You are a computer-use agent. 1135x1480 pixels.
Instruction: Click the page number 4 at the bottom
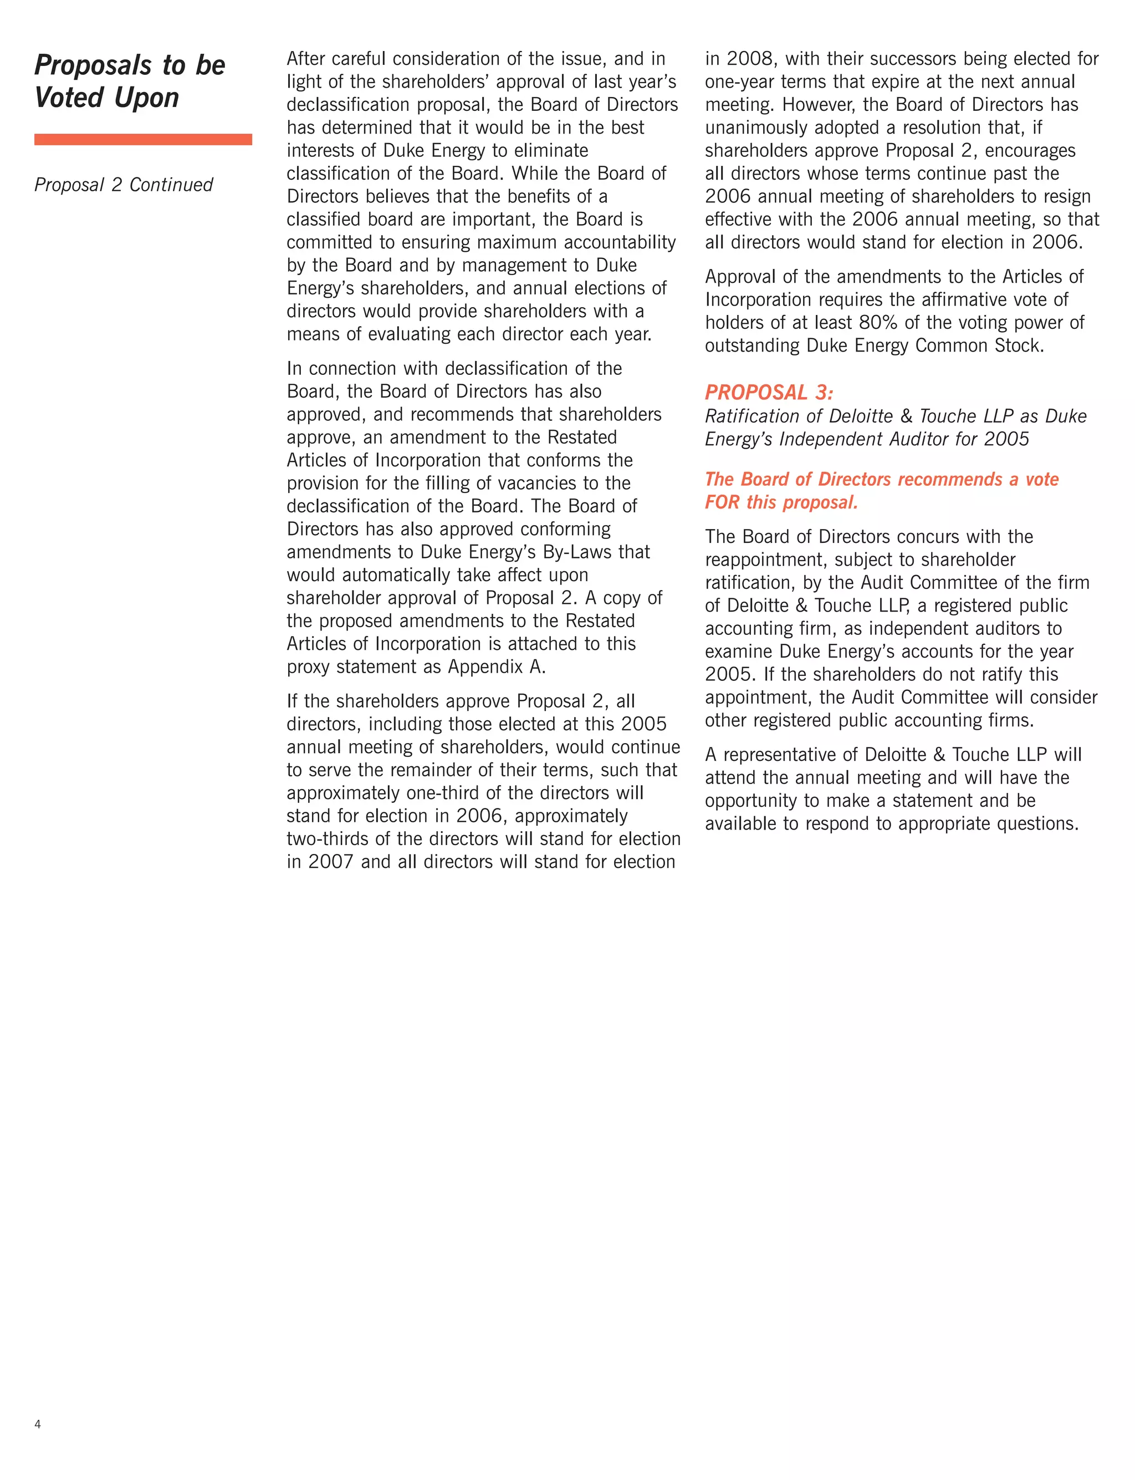point(38,1425)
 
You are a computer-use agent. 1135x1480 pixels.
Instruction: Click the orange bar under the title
point(142,139)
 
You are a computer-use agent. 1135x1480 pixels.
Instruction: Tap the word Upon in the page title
point(147,98)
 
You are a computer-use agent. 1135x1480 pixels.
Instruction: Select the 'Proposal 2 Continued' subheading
point(124,185)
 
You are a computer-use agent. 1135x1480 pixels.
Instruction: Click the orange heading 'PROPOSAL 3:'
point(769,392)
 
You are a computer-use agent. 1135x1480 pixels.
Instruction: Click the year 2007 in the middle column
point(330,862)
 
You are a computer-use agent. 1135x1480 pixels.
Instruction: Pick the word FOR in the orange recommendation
point(722,502)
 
